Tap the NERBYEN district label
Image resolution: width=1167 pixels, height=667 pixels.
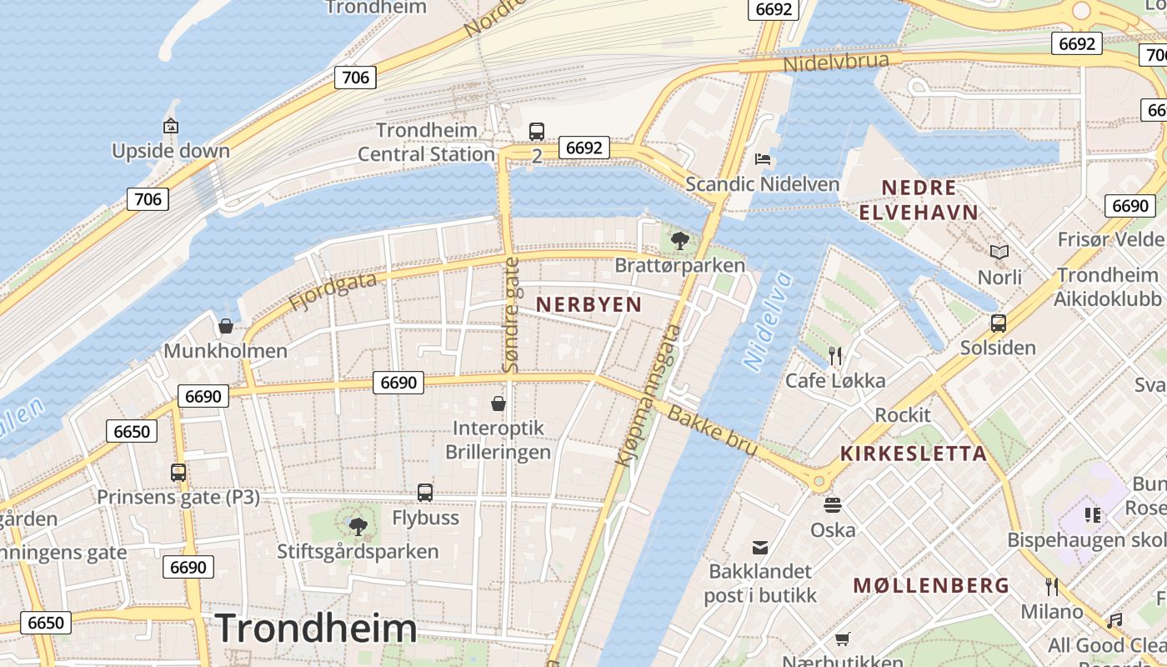click(589, 304)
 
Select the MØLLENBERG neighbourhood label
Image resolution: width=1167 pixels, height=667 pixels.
click(931, 585)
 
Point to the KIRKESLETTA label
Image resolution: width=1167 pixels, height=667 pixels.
click(914, 454)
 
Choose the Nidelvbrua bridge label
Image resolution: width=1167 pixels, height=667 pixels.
click(842, 62)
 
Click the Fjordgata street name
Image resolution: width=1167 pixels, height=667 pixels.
click(333, 292)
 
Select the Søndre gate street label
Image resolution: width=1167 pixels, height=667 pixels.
click(511, 314)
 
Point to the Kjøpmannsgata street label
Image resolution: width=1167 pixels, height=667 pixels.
click(649, 394)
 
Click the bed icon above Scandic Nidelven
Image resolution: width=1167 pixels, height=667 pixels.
click(762, 158)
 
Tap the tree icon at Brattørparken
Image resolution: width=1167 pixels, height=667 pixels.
click(679, 241)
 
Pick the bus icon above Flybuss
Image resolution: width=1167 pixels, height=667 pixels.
click(425, 493)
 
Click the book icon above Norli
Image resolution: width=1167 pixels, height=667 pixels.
click(999, 252)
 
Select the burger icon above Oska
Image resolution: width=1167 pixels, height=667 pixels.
click(832, 504)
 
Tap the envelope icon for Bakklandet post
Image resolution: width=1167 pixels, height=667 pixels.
click(759, 547)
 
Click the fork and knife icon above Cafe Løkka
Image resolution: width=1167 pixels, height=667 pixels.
click(835, 356)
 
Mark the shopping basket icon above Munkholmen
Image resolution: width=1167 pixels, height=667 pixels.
click(225, 326)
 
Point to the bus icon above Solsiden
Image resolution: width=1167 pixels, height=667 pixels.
click(998, 323)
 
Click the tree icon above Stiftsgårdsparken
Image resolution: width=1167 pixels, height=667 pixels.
click(358, 526)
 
